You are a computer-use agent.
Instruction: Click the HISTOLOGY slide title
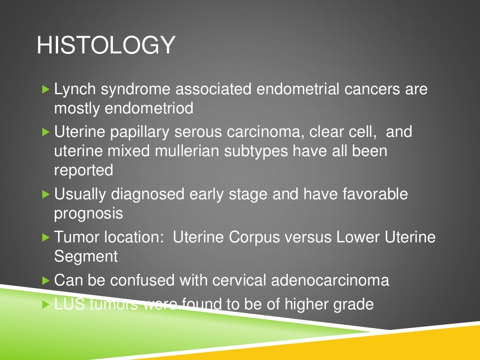point(105,46)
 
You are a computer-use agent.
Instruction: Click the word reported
point(83,170)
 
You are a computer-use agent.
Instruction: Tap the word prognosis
point(89,213)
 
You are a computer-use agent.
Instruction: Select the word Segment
point(86,256)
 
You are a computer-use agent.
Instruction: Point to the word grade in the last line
point(353,304)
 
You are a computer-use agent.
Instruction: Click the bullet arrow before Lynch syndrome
point(45,89)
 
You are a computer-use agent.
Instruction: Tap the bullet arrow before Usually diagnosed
point(45,194)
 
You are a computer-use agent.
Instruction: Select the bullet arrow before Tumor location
point(45,237)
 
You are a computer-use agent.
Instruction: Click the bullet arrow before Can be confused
point(45,280)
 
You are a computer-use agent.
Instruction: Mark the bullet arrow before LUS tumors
point(45,304)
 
